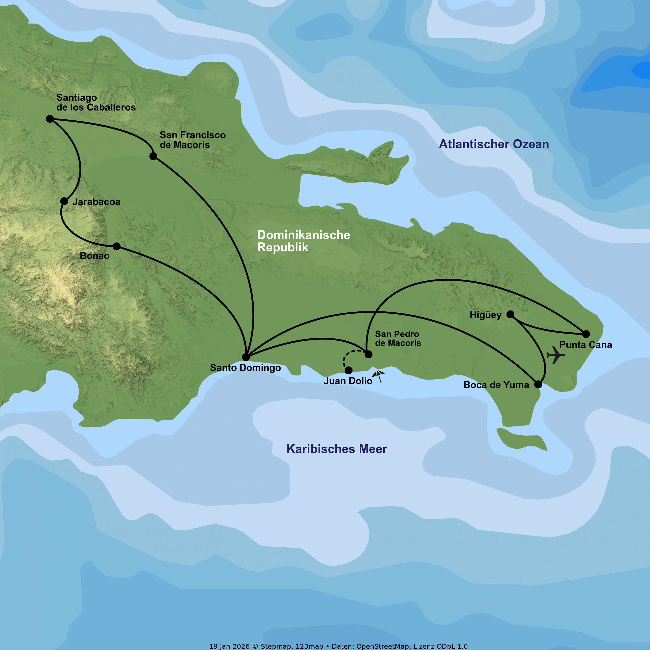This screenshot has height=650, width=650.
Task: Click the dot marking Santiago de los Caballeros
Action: [x=50, y=119]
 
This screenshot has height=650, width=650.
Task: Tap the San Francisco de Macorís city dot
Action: [x=153, y=156]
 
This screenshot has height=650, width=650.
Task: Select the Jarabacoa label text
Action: [x=96, y=202]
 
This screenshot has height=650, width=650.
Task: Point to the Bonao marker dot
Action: [x=116, y=246]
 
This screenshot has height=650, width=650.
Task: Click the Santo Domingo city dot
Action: [x=246, y=357]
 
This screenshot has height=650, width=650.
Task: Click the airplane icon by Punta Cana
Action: [x=556, y=355]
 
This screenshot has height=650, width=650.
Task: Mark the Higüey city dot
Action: [x=510, y=314]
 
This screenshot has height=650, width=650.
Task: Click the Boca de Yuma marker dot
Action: [x=538, y=384]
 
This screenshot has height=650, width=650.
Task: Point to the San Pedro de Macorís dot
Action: [x=368, y=354]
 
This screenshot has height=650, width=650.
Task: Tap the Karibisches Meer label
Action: [x=337, y=449]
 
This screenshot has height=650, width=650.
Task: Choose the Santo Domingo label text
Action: [x=245, y=368]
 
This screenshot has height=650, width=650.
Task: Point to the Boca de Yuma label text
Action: [x=496, y=385]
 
